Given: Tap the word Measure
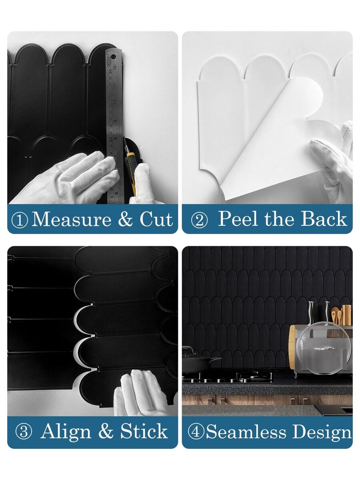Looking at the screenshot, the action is [x=71, y=219].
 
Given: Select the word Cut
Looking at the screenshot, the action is [x=156, y=219].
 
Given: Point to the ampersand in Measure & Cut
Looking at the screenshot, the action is [x=126, y=219].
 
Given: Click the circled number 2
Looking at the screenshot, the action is [x=200, y=220].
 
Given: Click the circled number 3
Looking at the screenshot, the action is [x=24, y=432].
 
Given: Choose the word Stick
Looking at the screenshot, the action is [x=144, y=431].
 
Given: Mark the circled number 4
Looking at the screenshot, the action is [x=196, y=432].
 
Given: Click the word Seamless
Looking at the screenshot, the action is [x=246, y=432].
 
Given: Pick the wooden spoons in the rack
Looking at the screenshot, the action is [x=336, y=317].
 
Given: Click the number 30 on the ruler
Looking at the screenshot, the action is [x=110, y=71].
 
